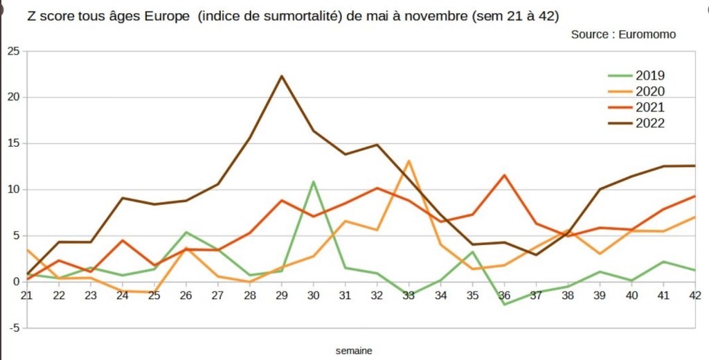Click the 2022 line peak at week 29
(281, 76)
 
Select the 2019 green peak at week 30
(313, 181)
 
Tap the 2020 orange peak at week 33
(409, 161)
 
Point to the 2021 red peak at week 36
(505, 175)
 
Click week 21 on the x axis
(27, 296)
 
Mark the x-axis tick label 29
(281, 296)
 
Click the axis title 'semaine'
(354, 351)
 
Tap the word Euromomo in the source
(647, 34)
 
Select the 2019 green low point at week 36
(505, 304)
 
